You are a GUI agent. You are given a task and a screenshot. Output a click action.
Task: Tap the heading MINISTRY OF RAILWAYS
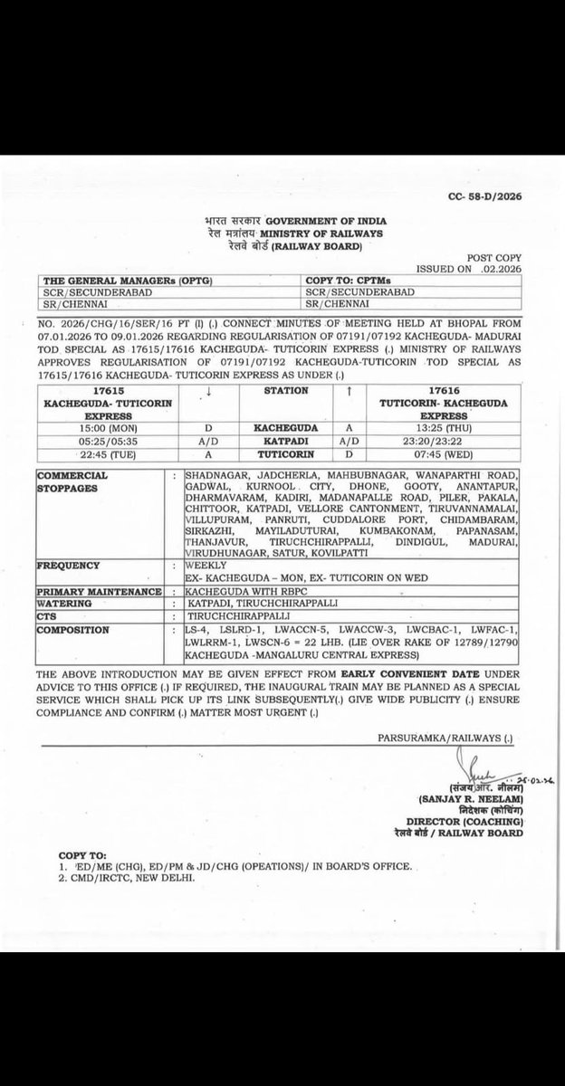click(x=314, y=233)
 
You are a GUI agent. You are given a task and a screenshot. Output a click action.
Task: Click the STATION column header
click(x=286, y=391)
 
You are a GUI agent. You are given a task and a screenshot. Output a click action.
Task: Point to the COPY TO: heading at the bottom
click(x=82, y=853)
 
